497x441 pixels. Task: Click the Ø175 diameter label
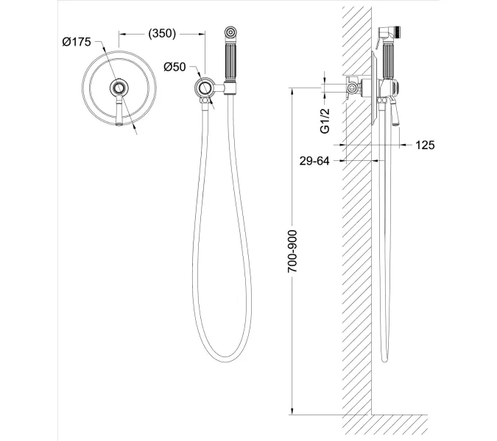tap(77, 42)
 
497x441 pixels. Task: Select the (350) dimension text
tap(162, 33)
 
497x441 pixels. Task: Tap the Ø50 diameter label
tap(175, 67)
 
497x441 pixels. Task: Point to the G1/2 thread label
tap(325, 121)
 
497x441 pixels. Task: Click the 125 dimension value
tap(425, 146)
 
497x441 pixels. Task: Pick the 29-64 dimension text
tap(314, 161)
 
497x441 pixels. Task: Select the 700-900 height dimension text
tap(292, 251)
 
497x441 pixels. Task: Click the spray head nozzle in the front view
tap(230, 32)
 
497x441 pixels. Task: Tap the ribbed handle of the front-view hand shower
tap(230, 62)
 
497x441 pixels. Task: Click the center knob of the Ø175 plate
tap(119, 87)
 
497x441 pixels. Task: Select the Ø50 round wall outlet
tap(205, 87)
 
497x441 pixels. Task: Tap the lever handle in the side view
tap(395, 112)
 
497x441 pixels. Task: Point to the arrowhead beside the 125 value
tap(403, 146)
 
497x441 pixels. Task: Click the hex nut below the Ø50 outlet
tap(205, 100)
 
